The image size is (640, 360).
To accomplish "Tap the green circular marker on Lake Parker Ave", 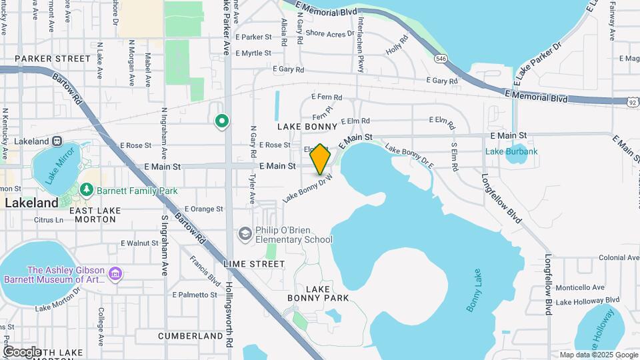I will [221, 121].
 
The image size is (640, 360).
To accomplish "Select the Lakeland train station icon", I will [57, 141].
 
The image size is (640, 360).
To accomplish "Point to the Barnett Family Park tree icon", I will [86, 191].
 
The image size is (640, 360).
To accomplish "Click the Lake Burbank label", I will [511, 151].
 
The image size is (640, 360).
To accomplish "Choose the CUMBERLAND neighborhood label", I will [191, 336].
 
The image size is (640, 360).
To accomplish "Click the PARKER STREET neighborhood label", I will [43, 59].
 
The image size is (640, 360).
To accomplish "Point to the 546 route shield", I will [441, 59].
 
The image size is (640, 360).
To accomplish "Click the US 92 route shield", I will [632, 103].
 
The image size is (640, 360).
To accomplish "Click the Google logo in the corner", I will [21, 351].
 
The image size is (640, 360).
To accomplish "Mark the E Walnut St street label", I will [139, 243].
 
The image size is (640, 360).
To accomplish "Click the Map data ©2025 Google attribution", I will [598, 355].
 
